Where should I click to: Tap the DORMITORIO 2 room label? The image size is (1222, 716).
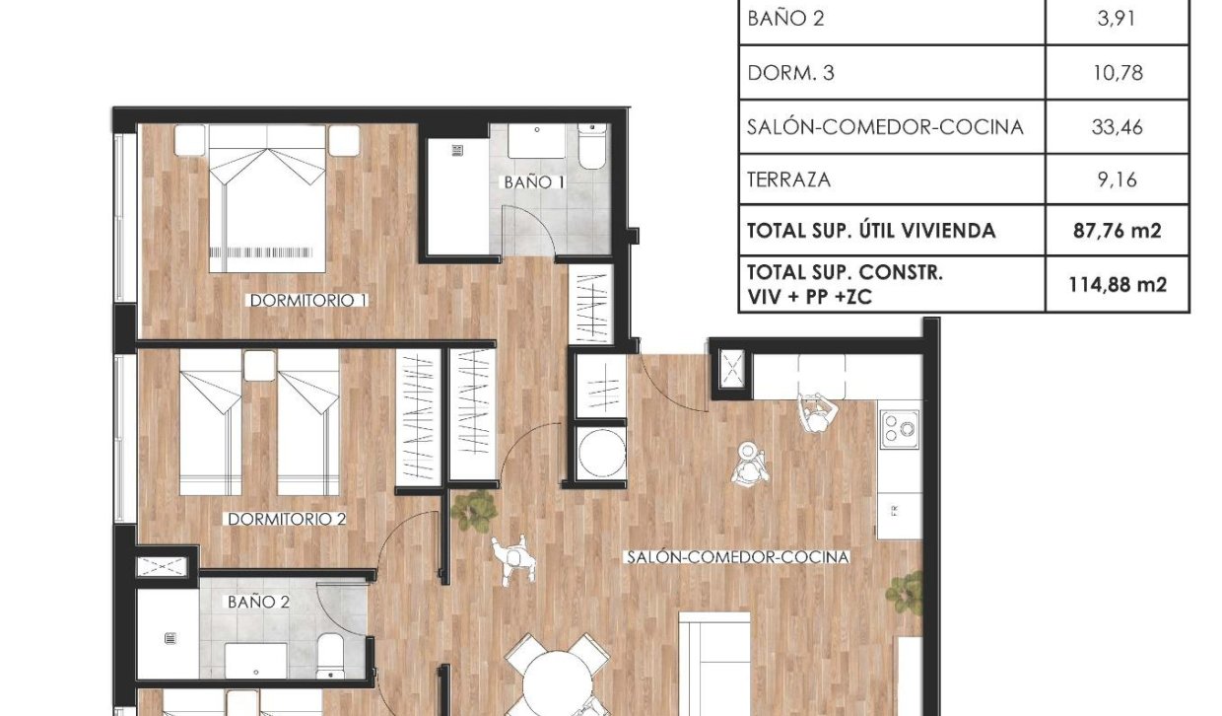[x=286, y=519]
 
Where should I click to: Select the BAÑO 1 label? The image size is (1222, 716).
[x=534, y=182]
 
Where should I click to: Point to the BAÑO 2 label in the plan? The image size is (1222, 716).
[x=258, y=601]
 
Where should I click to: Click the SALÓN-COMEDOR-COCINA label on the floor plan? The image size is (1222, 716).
[x=737, y=557]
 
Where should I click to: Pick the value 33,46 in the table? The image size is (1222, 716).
[x=1118, y=127]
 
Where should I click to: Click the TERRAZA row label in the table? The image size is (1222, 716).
[x=788, y=179]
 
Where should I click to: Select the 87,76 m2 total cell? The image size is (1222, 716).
[x=1118, y=232]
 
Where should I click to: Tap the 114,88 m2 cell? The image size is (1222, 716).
[x=1118, y=285]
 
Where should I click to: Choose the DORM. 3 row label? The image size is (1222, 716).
[x=790, y=73]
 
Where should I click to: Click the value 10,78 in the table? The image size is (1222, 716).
[x=1118, y=73]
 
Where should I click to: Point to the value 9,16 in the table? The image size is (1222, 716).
[x=1118, y=179]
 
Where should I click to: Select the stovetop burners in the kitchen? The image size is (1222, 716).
[x=899, y=426]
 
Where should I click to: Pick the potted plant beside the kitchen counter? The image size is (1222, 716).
[x=905, y=592]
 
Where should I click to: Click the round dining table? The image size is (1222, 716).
[x=560, y=685]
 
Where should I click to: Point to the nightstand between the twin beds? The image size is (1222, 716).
[x=258, y=366]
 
